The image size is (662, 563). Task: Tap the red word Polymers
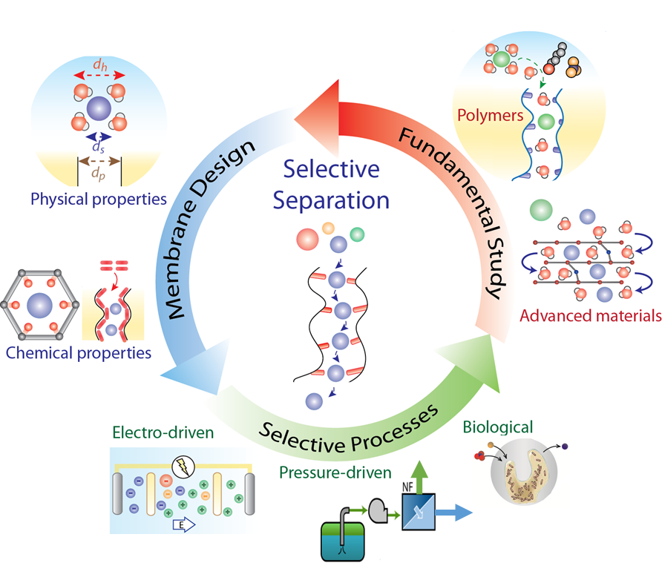[491, 116]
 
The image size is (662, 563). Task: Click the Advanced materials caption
[591, 315]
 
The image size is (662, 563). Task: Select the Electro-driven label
[158, 432]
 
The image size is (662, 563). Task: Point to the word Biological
[497, 427]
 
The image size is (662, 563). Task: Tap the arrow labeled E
[183, 525]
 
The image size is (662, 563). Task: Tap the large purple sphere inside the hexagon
[40, 306]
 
